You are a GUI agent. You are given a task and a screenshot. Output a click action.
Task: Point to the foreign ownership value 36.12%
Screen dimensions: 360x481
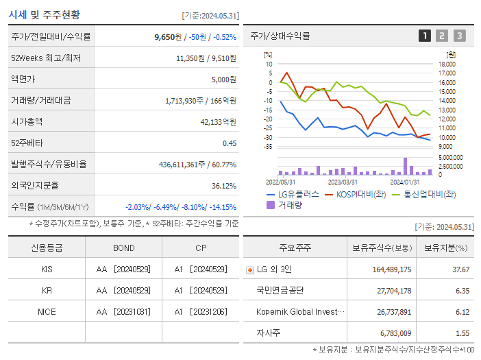pyautogui.click(x=223, y=185)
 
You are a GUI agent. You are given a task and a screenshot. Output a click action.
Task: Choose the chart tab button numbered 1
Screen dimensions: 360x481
pyautogui.click(x=425, y=36)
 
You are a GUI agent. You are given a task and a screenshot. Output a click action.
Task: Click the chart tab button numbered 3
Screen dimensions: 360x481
pyautogui.click(x=459, y=36)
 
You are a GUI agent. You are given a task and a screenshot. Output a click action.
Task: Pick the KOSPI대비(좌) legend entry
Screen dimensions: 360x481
pyautogui.click(x=357, y=194)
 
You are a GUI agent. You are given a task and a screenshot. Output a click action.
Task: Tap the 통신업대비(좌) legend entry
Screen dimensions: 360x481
pyautogui.click(x=424, y=194)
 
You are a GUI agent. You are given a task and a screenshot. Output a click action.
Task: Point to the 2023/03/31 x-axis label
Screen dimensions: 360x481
pyautogui.click(x=343, y=182)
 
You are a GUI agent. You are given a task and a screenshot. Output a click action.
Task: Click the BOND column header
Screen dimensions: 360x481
pyautogui.click(x=124, y=248)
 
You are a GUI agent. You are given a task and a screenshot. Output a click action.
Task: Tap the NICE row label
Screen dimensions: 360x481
pyautogui.click(x=47, y=311)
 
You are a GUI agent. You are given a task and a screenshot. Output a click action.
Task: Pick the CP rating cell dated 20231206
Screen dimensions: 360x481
pyautogui.click(x=200, y=311)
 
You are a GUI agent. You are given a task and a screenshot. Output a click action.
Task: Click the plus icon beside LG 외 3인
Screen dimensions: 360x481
pyautogui.click(x=249, y=269)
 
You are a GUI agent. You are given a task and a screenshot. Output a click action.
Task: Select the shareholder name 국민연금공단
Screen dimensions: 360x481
pyautogui.click(x=280, y=291)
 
